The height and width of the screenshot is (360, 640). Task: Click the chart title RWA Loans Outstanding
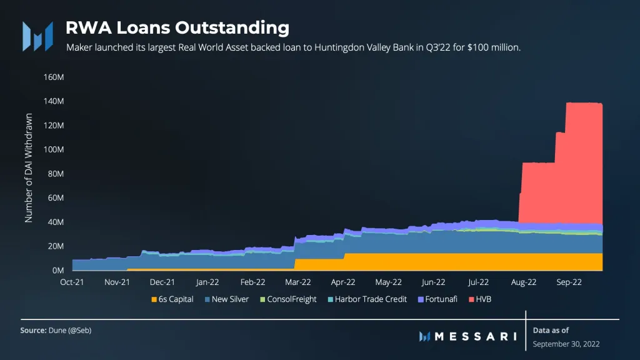177,28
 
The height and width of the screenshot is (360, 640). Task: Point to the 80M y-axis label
54,174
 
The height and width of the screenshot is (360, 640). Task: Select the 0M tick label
57,271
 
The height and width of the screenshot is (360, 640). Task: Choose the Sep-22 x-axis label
569,282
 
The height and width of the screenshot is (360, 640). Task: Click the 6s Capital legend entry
172,299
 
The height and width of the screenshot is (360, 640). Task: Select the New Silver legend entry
226,299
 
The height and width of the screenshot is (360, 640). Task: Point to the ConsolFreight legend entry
287,299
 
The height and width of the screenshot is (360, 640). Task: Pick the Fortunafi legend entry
440,299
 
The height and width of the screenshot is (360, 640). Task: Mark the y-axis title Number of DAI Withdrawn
29,167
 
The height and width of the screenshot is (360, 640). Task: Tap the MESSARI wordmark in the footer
474,336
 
